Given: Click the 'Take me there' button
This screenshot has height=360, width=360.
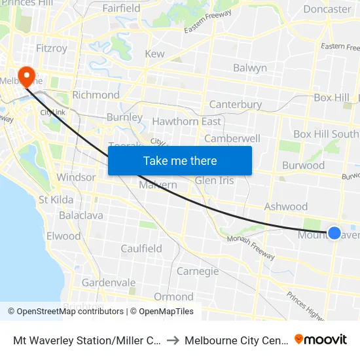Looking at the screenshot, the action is tap(180, 160).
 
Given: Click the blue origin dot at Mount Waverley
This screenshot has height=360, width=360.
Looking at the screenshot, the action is tap(334, 232).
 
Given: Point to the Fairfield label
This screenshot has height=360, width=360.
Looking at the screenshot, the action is tap(121, 9).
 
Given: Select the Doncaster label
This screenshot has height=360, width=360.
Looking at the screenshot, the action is tap(327, 9).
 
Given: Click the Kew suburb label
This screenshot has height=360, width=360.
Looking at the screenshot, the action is tap(154, 54).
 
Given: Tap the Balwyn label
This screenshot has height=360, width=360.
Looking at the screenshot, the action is tap(250, 68).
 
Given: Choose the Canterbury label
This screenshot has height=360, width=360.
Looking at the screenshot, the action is tap(235, 104).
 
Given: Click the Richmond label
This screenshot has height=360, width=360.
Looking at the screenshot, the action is tap(96, 95).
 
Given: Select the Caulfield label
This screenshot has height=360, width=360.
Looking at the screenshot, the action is tap(141, 248).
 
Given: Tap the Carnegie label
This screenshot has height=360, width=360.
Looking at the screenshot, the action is tap(197, 271).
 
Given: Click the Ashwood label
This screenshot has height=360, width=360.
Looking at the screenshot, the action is tap(285, 207).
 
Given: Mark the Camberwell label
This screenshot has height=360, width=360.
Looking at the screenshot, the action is tap(232, 138).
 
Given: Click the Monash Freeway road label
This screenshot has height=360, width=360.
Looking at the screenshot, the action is tap(248, 243).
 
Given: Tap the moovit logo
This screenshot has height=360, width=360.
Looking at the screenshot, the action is tap(321, 340).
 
